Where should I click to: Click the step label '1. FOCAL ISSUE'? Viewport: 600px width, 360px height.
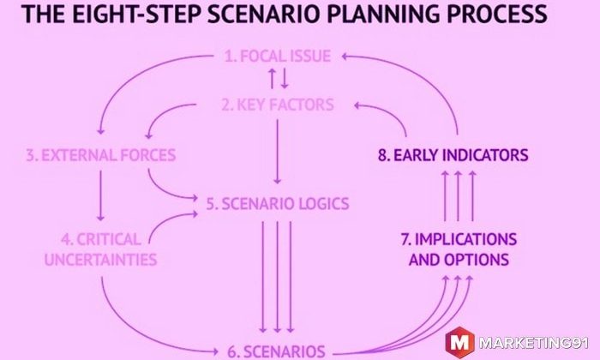[x=278, y=57]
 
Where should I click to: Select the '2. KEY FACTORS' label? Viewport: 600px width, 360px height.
[x=278, y=105]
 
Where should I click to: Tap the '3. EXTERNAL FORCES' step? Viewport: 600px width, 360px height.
[x=101, y=155]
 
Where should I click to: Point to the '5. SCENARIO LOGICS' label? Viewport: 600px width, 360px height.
[x=278, y=203]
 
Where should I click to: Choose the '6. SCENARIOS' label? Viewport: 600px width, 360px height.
[x=276, y=351]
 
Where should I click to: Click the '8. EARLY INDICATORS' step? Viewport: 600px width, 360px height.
[x=453, y=155]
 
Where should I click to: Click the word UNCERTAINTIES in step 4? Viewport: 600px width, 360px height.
[x=100, y=260]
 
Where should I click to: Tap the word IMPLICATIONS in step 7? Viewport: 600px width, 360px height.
[x=465, y=239]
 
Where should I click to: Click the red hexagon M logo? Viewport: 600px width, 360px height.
[x=459, y=342]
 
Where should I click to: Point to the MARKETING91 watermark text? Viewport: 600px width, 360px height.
[x=534, y=343]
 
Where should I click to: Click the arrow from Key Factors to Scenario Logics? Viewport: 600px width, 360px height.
[x=278, y=152]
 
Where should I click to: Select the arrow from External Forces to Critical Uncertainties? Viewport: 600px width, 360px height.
[x=100, y=196]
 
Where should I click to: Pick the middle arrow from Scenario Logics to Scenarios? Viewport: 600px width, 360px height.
[x=278, y=277]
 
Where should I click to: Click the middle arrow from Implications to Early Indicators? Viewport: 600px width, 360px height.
[x=458, y=196]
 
